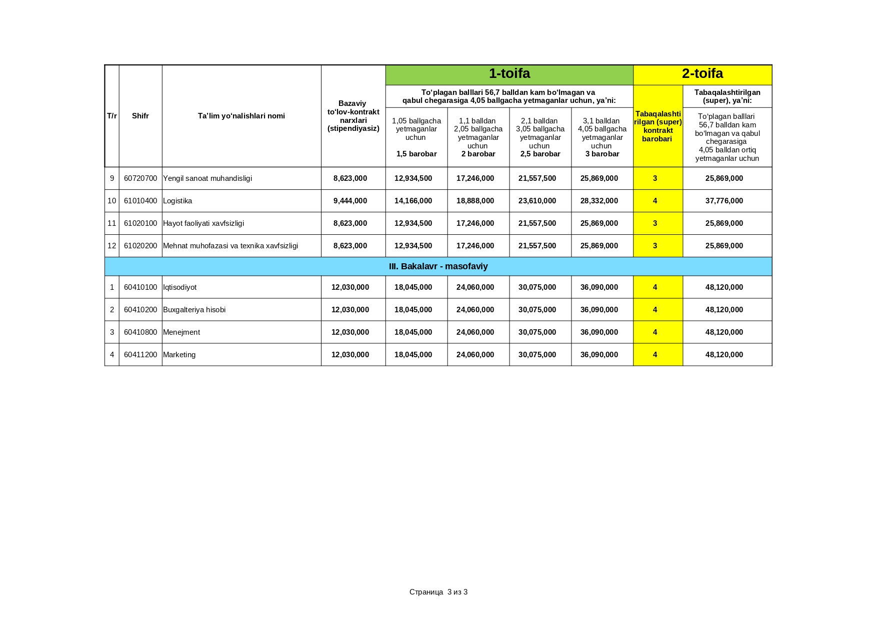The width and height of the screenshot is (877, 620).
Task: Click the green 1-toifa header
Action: [x=509, y=74]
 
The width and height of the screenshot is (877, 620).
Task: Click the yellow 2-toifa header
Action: [x=702, y=74]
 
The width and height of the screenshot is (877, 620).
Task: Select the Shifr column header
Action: [x=140, y=116]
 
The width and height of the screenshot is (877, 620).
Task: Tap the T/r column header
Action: [x=111, y=116]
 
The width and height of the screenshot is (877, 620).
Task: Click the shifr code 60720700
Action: [x=140, y=178]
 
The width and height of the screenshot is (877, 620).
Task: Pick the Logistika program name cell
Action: [x=177, y=201]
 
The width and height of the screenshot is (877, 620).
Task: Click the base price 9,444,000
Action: [x=350, y=201]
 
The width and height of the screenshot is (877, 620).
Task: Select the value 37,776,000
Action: [x=724, y=201]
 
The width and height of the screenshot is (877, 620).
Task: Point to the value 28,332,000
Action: [x=599, y=201]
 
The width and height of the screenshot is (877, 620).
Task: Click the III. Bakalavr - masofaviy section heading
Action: [x=438, y=266]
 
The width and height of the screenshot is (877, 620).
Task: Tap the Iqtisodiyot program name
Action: [x=180, y=287]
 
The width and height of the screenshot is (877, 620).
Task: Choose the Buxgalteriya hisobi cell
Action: [x=194, y=310]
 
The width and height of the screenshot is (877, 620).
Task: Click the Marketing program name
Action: [x=179, y=355]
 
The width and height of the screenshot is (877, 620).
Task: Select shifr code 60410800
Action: [x=140, y=332]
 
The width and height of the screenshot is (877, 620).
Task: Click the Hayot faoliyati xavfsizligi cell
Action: [x=203, y=223]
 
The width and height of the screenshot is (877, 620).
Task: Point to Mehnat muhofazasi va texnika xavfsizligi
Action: [x=230, y=246]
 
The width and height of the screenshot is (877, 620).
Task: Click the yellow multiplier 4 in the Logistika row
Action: [x=655, y=201]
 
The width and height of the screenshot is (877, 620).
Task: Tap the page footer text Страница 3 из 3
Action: [x=438, y=592]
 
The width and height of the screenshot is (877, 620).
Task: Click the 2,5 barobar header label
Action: [x=540, y=154]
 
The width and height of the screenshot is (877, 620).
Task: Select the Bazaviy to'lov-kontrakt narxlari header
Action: [x=353, y=116]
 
